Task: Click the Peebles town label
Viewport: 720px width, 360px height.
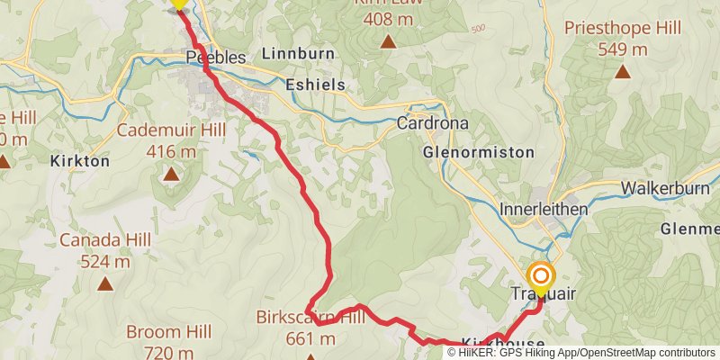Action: click(216, 58)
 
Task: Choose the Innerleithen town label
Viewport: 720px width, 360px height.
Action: click(544, 209)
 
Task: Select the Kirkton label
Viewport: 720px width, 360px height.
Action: click(81, 161)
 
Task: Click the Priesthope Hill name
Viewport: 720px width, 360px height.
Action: click(623, 28)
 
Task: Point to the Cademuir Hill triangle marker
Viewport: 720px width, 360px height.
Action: click(170, 172)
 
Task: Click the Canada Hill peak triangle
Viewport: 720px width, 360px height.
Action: click(105, 283)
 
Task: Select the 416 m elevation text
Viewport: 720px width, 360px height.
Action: click(170, 151)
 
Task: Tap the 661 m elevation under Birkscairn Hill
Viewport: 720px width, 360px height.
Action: click(310, 338)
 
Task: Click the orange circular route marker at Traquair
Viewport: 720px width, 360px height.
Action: click(541, 276)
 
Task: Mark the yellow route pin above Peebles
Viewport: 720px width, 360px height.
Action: click(178, 4)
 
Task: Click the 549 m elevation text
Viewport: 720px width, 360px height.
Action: click(623, 49)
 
